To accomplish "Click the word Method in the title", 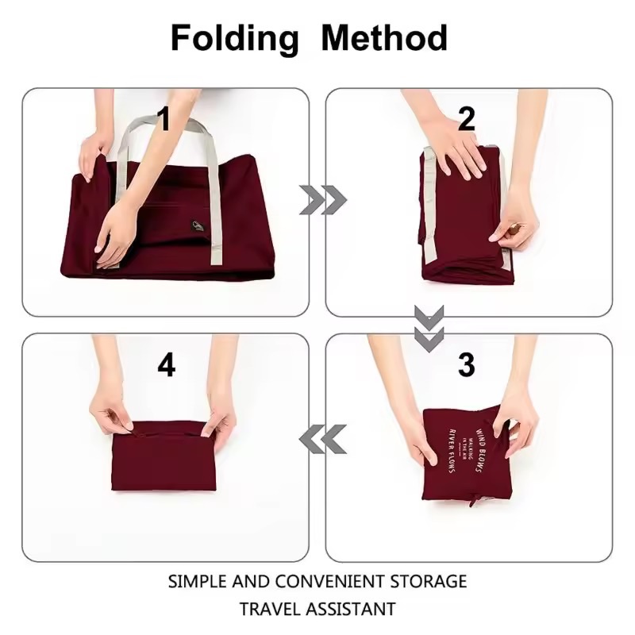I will [x=384, y=37].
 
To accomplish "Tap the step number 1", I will [x=164, y=119].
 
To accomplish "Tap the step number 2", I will [x=466, y=119].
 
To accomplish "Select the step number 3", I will [x=466, y=364].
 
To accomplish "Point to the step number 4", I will [x=166, y=364].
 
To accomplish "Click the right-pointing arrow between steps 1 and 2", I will [x=322, y=200].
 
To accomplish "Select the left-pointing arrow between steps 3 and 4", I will [x=322, y=438].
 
